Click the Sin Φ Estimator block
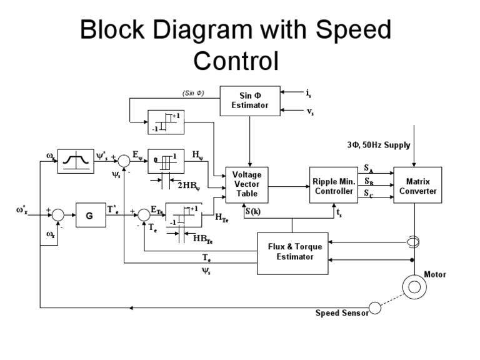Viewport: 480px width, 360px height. coord(250,101)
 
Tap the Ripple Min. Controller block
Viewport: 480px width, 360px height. coord(333,185)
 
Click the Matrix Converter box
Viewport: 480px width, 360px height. coord(418,185)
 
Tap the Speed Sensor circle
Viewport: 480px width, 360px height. coord(375,307)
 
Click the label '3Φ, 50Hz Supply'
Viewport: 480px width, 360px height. coord(379,145)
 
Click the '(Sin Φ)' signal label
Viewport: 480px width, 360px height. coord(194,94)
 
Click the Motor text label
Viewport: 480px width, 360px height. coord(436,273)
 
